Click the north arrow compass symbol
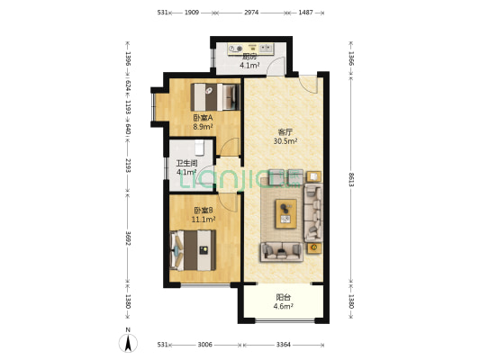[128, 343]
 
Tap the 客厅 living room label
[285, 132]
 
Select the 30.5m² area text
[285, 141]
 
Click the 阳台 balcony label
[283, 297]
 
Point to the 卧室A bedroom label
[203, 118]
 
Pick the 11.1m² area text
[204, 220]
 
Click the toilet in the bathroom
[199, 148]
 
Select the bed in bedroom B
[193, 250]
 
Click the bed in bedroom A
[215, 97]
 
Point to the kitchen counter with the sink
[250, 49]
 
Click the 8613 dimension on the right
[351, 179]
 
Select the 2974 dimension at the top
[251, 13]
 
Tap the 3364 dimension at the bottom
[283, 345]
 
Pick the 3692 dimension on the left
[128, 238]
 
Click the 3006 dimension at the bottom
[204, 345]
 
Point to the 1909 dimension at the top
[192, 13]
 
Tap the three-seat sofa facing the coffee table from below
[282, 252]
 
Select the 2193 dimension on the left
[128, 166]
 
